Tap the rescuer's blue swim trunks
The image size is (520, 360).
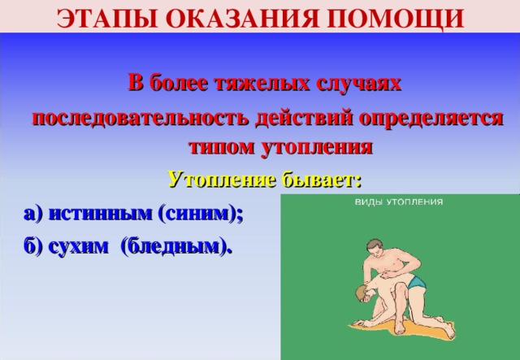click(416, 283)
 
